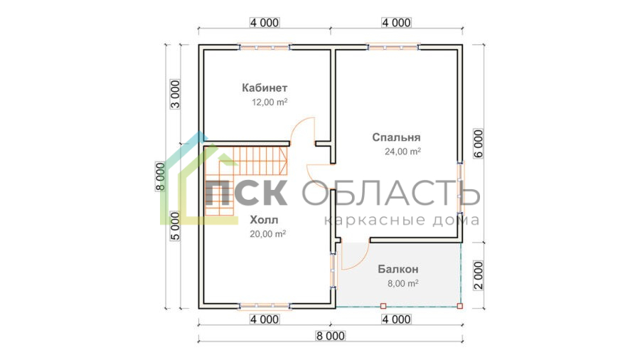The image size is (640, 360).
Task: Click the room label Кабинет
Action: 265,88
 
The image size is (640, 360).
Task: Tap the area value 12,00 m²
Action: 270,102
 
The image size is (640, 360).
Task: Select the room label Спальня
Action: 396,137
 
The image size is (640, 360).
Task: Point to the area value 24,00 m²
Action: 402,152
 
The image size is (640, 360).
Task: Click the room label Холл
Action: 264,220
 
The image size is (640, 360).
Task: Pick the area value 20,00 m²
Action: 268,234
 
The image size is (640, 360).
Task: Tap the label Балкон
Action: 398,270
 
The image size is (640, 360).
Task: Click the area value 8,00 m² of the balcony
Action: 403,283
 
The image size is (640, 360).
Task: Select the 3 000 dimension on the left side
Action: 175,94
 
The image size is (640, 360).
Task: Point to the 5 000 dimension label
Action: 175,226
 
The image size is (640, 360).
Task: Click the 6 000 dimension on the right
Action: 479,144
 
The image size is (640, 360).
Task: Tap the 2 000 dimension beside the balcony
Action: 479,275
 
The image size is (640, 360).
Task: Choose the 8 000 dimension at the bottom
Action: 330,336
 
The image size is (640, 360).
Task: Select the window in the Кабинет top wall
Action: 264,48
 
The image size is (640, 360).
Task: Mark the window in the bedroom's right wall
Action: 460,188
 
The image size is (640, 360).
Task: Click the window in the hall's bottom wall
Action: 264,306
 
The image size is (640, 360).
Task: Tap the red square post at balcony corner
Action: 460,306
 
